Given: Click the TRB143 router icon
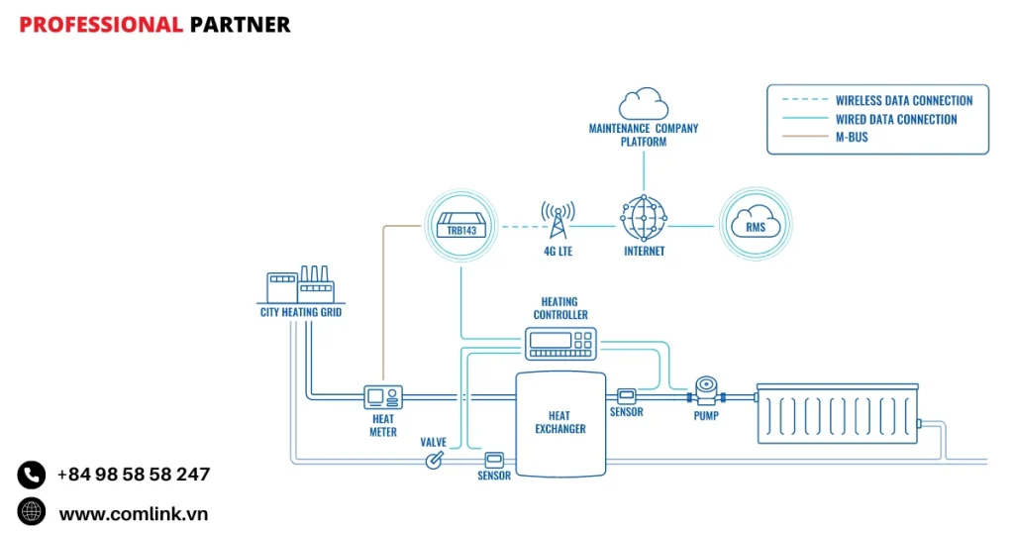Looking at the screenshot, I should [x=460, y=227].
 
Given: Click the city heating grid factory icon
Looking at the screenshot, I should [x=299, y=285].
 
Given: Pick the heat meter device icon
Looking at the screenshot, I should [x=382, y=397].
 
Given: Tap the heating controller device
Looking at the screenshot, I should [x=560, y=343].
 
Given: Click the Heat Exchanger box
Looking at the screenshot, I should [x=560, y=423].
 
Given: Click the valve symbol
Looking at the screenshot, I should [x=434, y=461].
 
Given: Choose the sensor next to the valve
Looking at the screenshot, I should [x=494, y=459].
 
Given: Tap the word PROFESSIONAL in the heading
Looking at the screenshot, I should [x=100, y=25].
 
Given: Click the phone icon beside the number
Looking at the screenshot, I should [x=32, y=476].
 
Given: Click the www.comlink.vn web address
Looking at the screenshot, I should [x=134, y=513].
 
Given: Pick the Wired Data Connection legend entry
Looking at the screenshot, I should [x=895, y=119].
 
